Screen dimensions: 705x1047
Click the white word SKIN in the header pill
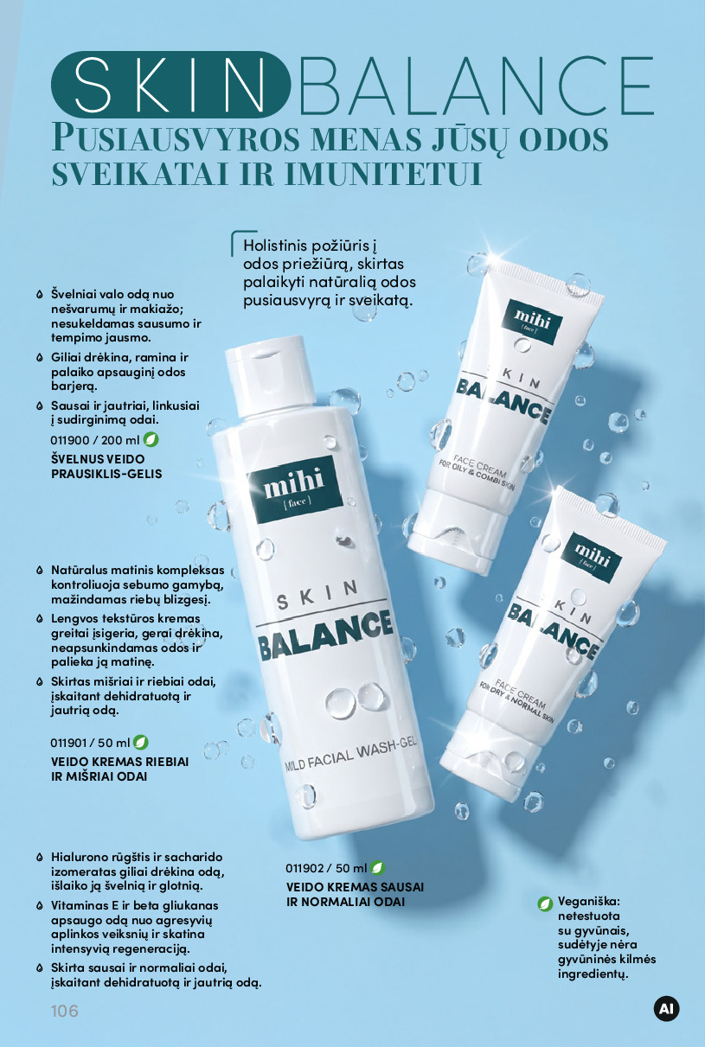[x=170, y=85]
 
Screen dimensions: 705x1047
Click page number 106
[x=65, y=1011]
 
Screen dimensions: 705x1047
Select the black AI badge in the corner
[x=666, y=1009]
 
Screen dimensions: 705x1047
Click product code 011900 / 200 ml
[x=95, y=440]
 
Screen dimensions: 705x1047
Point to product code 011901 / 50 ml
[x=90, y=743]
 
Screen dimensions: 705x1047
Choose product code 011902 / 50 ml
[x=326, y=868]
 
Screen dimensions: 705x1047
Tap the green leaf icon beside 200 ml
[x=151, y=439]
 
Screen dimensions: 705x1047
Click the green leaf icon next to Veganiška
[x=545, y=903]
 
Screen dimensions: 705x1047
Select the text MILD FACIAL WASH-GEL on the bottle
[x=350, y=756]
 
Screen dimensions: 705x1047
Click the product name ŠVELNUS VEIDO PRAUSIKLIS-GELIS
[x=106, y=467]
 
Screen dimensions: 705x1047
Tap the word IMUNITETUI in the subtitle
[x=383, y=174]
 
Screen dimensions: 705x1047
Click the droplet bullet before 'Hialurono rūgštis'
[x=40, y=858]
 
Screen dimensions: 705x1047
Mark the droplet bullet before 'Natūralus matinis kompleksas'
[x=40, y=571]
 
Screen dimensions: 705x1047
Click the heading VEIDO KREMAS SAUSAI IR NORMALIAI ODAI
[x=355, y=894]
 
